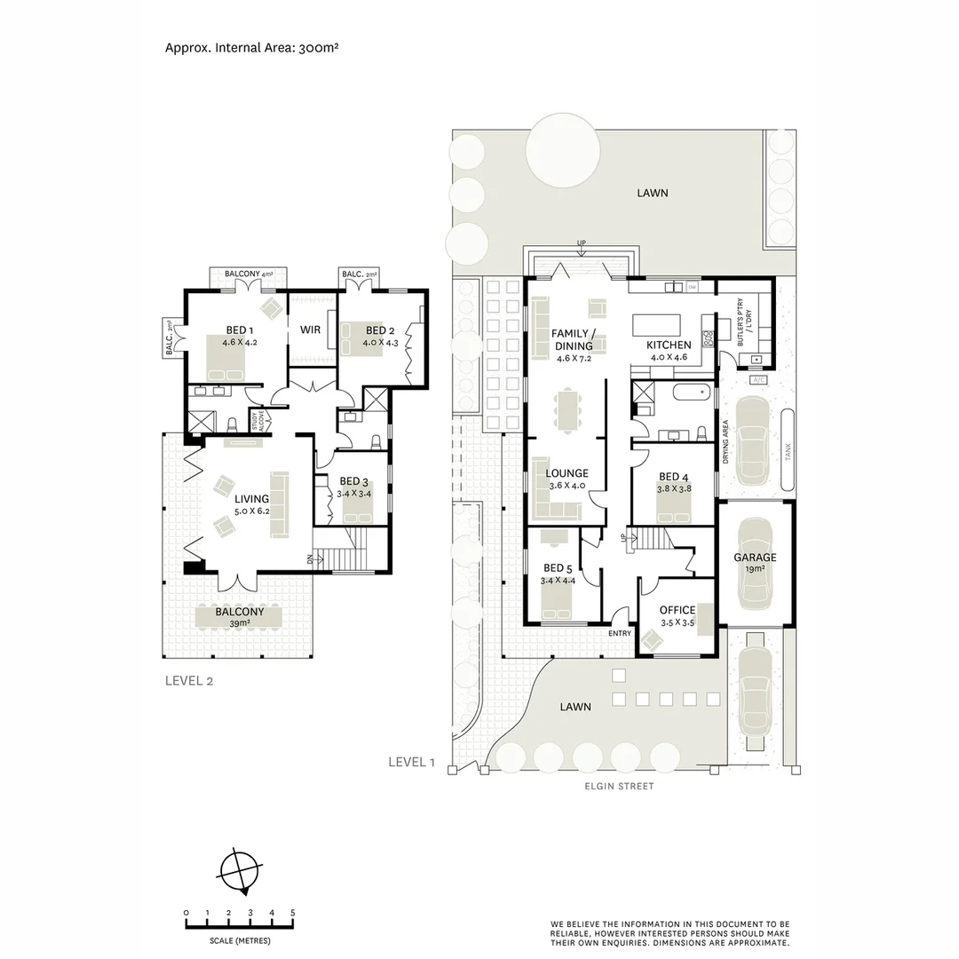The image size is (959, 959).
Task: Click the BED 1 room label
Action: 235,330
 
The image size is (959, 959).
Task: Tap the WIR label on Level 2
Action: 310,329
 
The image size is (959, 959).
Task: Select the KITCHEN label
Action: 668,345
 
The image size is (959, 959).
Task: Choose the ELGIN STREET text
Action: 619,786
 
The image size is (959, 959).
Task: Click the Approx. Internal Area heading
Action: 251,47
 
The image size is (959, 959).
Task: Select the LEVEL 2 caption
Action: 188,681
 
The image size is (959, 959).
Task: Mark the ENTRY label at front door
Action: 619,633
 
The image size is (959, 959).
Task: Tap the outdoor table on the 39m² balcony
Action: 238,617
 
